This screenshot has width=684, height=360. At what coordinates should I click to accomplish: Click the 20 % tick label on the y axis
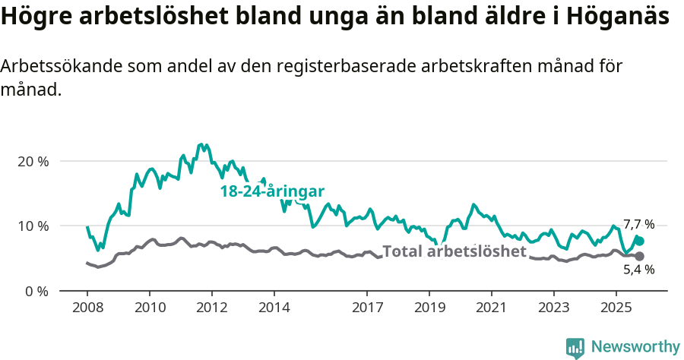32,162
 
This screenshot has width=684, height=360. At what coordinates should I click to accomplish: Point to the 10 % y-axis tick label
32,226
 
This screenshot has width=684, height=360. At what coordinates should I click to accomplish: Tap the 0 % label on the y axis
35,291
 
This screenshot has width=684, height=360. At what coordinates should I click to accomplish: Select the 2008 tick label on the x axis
87,309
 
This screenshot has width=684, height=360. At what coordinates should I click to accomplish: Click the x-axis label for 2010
149,309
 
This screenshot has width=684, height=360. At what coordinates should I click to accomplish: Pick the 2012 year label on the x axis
211,309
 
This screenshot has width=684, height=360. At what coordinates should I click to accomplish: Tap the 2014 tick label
274,309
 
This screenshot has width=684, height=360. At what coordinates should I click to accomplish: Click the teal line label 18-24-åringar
272,191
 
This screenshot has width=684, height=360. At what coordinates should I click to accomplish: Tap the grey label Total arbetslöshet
454,251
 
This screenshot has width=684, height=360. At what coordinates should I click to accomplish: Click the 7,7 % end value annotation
638,225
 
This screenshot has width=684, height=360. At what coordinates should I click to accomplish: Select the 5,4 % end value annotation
638,270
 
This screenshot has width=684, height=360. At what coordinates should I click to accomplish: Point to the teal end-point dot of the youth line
640,241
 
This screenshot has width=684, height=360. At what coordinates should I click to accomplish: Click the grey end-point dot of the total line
640,257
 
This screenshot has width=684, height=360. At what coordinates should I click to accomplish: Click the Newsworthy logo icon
575,348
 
